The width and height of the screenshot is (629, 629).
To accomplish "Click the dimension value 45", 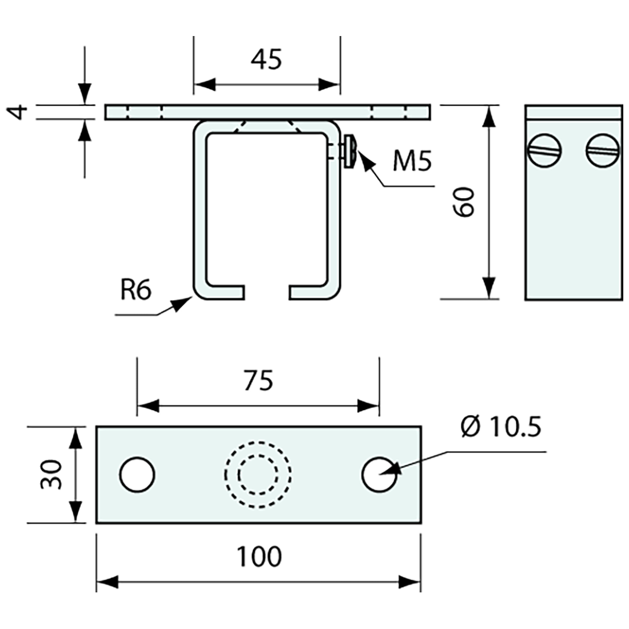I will click(x=266, y=59).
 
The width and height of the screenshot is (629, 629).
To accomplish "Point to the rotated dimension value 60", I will click(x=464, y=201).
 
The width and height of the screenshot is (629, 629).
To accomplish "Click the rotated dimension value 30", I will click(x=51, y=475).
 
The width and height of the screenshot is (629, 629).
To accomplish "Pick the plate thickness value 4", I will click(x=20, y=112).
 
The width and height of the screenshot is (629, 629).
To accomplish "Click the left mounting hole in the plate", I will click(x=137, y=474).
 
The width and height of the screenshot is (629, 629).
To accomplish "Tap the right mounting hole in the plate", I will click(x=380, y=474).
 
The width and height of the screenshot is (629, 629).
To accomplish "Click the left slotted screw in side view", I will click(x=543, y=151).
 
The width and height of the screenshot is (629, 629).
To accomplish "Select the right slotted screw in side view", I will click(x=603, y=151).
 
